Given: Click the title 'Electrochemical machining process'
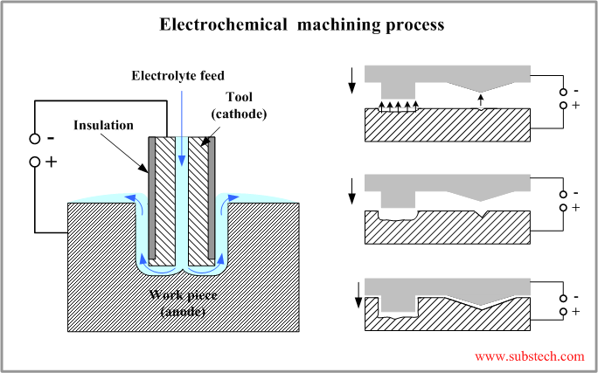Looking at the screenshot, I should (x=302, y=24).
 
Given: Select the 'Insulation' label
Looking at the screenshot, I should (x=105, y=125).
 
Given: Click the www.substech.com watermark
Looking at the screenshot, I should (x=529, y=356).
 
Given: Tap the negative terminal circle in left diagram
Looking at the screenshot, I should (x=34, y=139).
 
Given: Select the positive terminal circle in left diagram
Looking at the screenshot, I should (x=34, y=162).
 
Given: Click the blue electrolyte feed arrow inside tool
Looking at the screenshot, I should (x=181, y=131).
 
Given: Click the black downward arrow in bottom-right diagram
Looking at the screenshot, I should (x=358, y=296).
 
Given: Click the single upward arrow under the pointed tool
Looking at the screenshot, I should (x=481, y=101).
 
